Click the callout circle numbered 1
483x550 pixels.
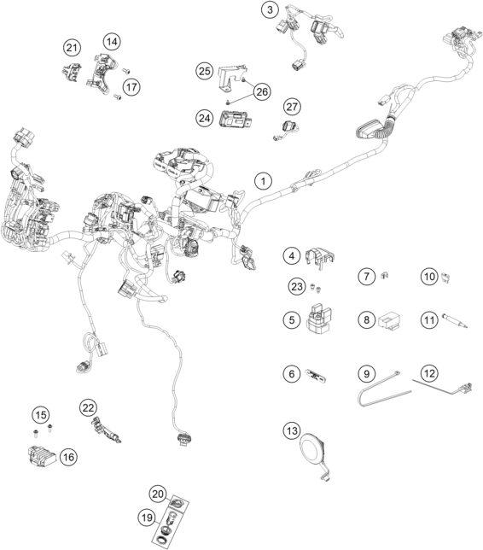coord(264,181)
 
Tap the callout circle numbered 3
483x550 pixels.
coord(270,10)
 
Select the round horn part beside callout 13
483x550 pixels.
coord(315,446)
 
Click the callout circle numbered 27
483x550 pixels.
coord(293,107)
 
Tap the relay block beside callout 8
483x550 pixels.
coord(393,320)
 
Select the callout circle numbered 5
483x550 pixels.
coord(292,321)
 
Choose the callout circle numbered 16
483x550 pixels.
coord(68,457)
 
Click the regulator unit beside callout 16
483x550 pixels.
coord(38,453)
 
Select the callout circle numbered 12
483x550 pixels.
coord(429,373)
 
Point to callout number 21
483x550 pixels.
coord(71,47)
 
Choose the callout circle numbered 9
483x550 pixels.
coord(365,373)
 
